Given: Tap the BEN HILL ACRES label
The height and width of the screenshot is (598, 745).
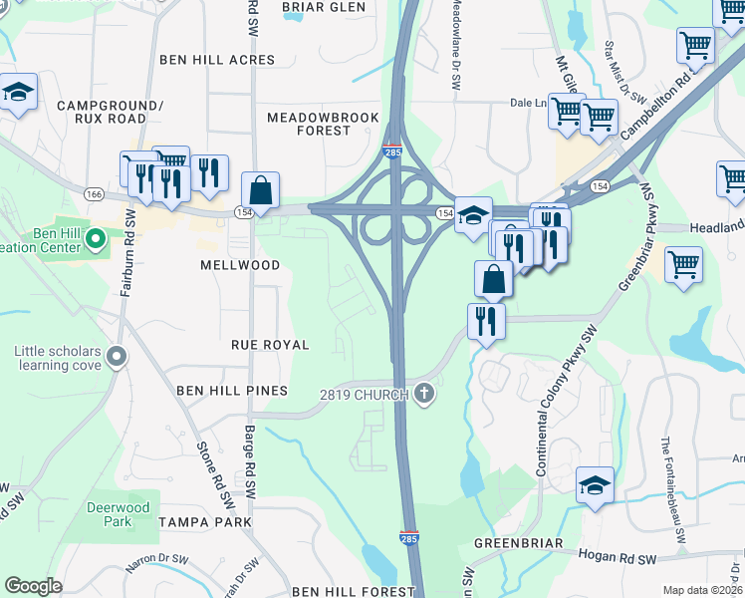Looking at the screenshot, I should click(x=217, y=60).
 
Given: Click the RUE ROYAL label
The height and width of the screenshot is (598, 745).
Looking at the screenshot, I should click(x=270, y=344).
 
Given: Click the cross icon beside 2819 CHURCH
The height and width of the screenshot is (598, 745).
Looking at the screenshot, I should click(x=425, y=394).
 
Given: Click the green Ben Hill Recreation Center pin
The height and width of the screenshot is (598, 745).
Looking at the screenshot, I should click(x=96, y=238).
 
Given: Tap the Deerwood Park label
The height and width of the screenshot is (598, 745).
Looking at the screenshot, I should click(x=118, y=514).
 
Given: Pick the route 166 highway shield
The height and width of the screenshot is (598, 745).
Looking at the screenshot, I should click(x=95, y=193).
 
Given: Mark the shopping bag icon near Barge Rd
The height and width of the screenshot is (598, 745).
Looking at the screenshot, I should click(x=260, y=189).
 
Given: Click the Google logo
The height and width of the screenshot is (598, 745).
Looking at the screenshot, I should click(x=33, y=586).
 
